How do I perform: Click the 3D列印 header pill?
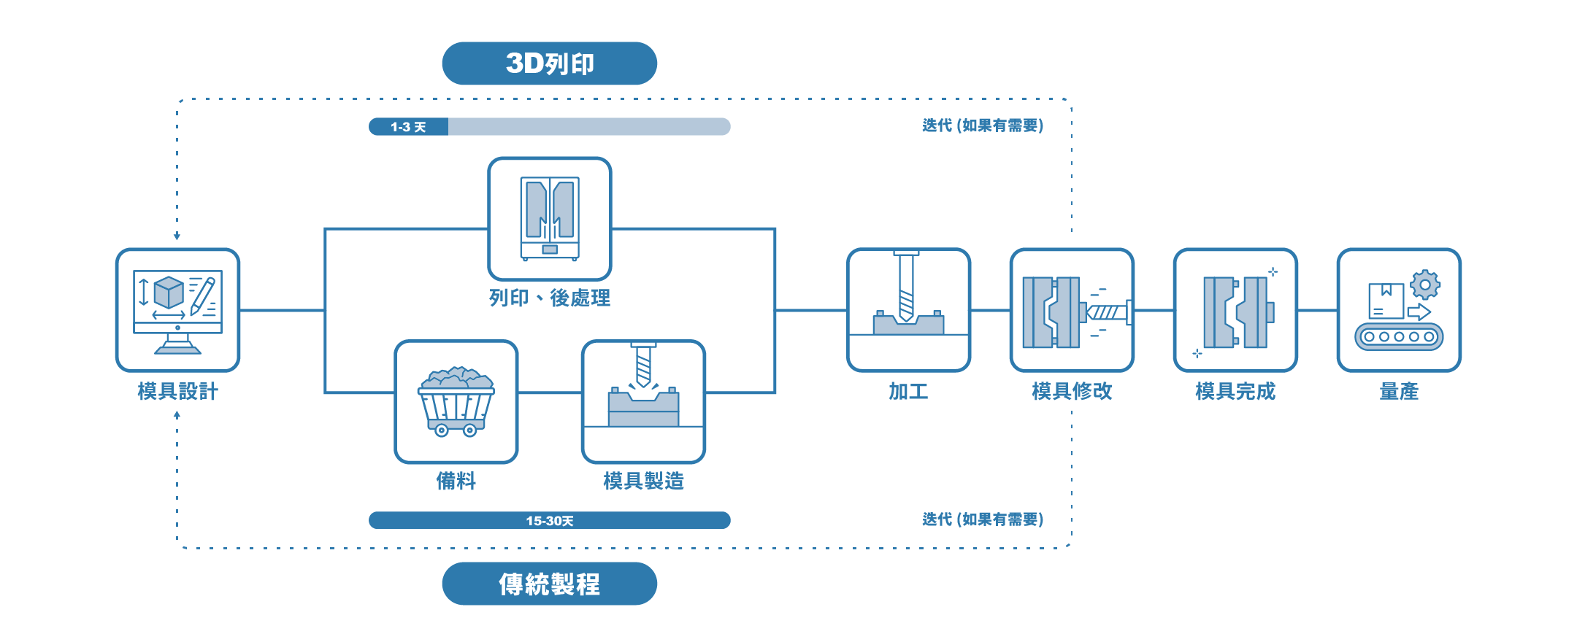(549, 63)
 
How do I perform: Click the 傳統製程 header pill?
(549, 584)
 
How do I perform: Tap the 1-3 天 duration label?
(408, 127)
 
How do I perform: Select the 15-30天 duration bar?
(549, 520)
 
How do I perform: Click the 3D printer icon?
(550, 218)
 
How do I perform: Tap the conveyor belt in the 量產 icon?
(1399, 337)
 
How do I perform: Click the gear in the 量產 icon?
(1425, 285)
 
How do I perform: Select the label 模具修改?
(1072, 391)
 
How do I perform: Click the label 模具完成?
(1235, 391)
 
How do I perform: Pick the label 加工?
(908, 391)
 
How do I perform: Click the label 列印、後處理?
(550, 298)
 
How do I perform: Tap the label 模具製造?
(643, 481)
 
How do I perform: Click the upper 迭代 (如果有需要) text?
(983, 125)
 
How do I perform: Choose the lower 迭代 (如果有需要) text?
(983, 519)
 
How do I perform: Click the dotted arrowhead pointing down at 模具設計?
(177, 236)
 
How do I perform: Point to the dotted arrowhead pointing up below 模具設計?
(177, 414)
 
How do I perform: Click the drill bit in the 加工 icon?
(906, 286)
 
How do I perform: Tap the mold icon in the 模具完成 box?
(1239, 312)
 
